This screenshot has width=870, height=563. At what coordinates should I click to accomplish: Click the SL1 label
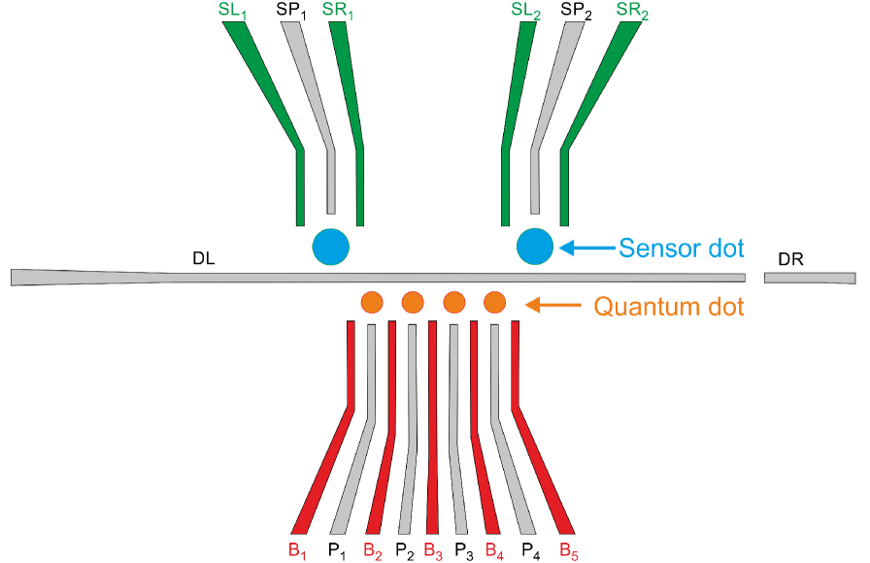click(234, 12)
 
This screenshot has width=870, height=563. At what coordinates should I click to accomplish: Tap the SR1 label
click(338, 12)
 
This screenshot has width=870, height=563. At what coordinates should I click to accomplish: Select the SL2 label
click(525, 12)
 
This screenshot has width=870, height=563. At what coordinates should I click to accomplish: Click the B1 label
click(297, 549)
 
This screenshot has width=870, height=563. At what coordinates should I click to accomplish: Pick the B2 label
click(372, 549)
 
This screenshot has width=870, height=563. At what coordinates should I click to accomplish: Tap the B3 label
click(433, 549)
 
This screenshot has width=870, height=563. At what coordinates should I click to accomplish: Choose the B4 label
click(494, 549)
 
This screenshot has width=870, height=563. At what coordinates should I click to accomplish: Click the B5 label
click(569, 549)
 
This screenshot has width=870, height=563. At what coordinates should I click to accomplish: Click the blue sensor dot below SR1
click(330, 246)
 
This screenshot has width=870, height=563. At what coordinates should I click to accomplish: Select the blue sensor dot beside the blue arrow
click(535, 246)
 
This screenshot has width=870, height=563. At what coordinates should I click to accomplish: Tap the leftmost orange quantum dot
click(371, 303)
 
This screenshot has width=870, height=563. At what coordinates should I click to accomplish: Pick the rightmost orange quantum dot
click(494, 303)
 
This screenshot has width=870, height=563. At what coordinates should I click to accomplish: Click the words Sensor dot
click(682, 248)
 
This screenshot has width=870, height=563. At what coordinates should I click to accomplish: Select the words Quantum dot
click(668, 308)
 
